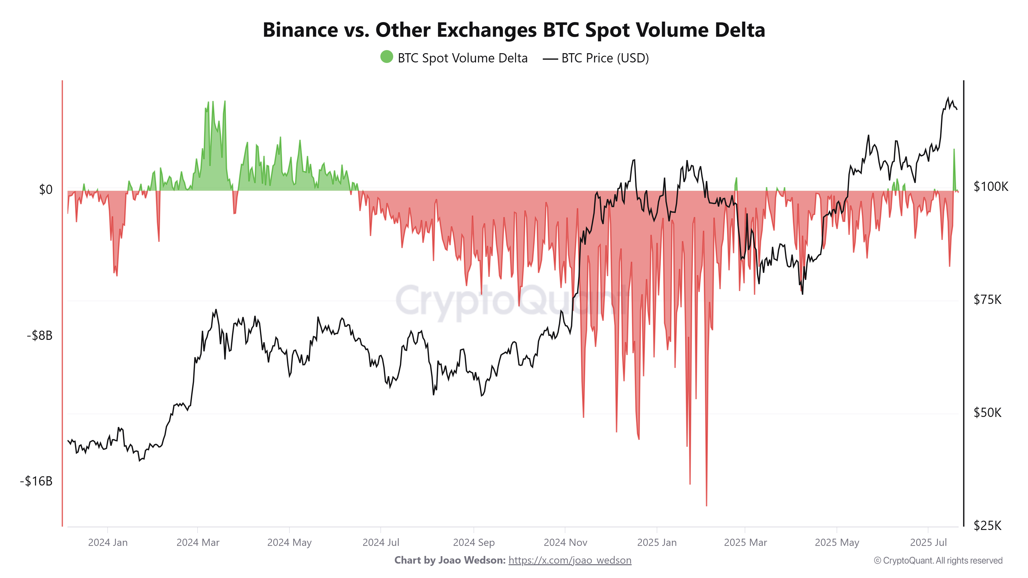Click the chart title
point(513,30)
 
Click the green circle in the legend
point(386,57)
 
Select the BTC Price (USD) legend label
point(604,58)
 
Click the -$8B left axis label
point(40,335)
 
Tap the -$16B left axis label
point(36,481)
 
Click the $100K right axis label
point(990,186)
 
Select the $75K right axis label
point(987,300)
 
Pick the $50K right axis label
point(987,413)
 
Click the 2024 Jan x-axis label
point(108,543)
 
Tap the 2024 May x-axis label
point(289,543)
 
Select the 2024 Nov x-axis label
point(565,543)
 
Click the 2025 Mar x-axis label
point(745,543)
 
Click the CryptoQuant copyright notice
point(938,561)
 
